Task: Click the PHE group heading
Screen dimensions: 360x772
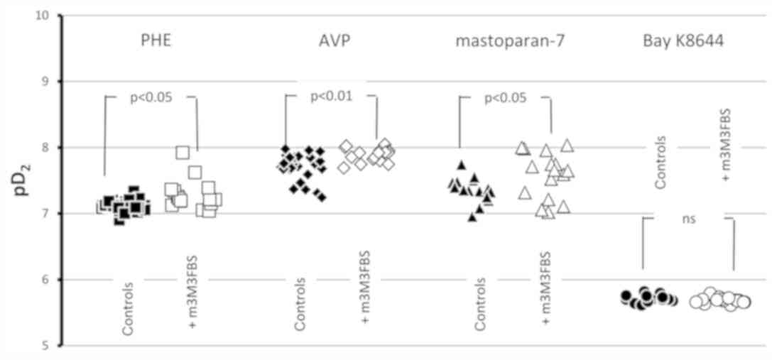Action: point(156,40)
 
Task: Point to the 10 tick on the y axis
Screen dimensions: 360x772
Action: point(50,15)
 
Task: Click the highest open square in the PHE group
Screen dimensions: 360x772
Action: point(183,152)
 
